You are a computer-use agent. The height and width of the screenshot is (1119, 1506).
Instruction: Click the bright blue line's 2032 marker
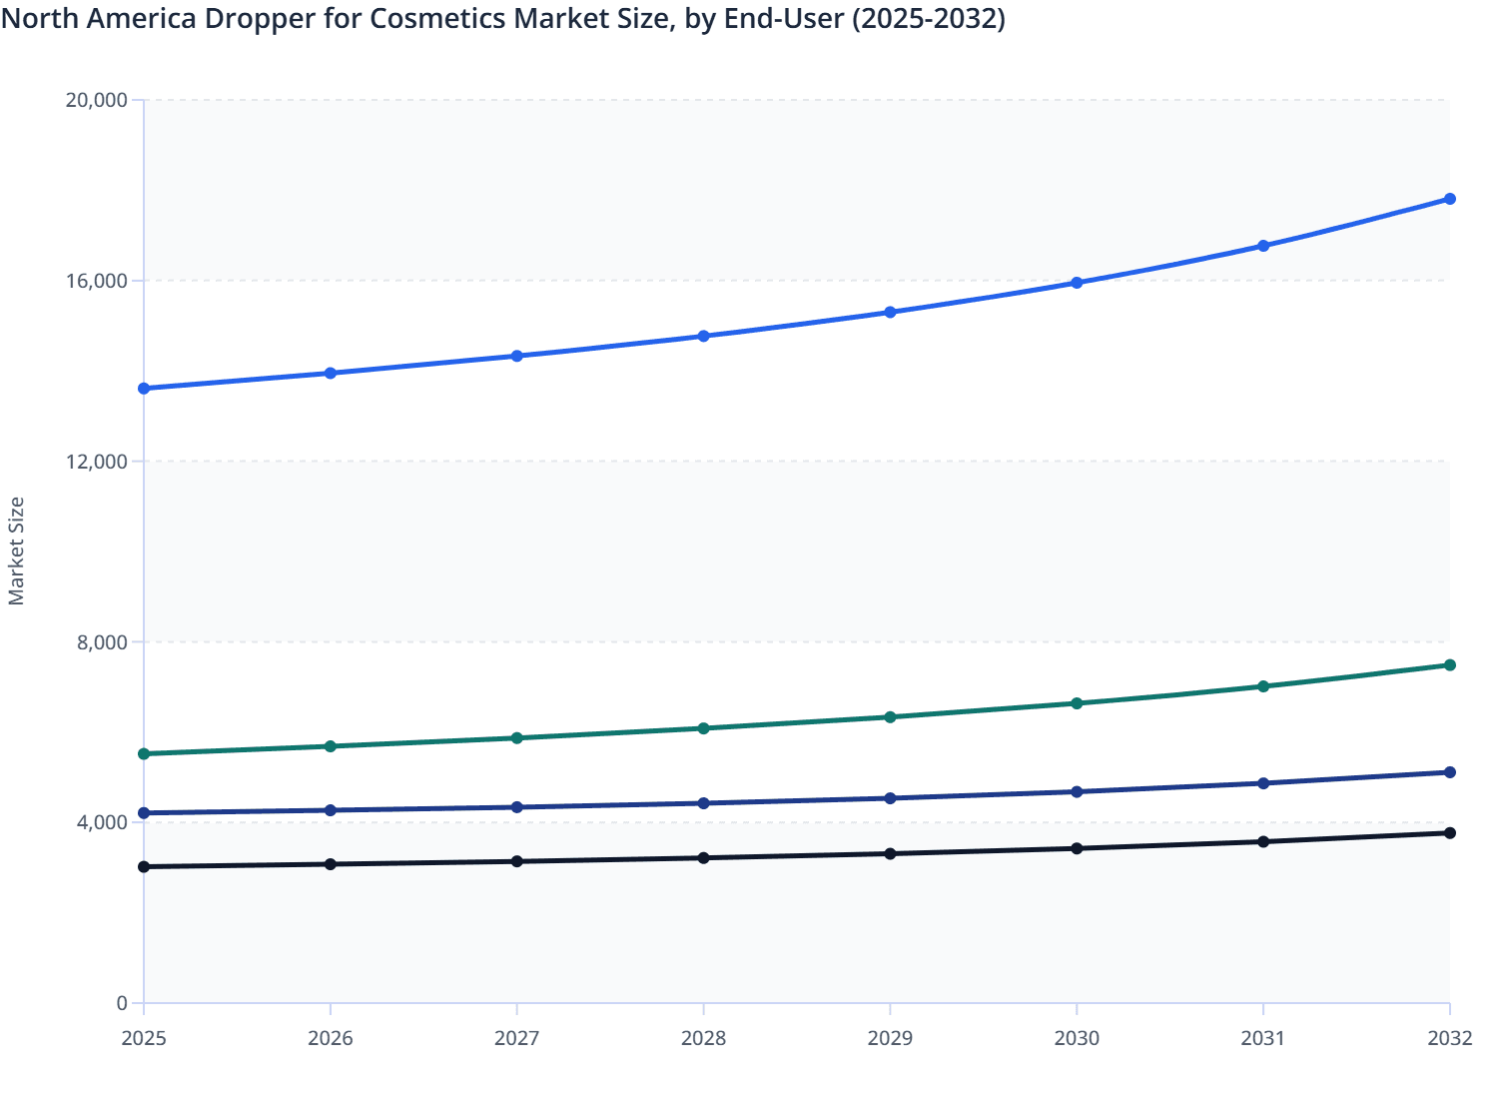[1449, 199]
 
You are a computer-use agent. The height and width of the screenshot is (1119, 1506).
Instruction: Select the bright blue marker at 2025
[144, 389]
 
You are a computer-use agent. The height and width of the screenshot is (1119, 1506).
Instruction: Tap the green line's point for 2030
[1077, 703]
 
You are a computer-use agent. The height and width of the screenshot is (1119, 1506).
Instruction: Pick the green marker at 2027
[517, 738]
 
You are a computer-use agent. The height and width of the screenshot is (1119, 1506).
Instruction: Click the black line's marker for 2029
[890, 853]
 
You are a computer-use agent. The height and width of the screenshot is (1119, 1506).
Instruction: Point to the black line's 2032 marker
[1449, 833]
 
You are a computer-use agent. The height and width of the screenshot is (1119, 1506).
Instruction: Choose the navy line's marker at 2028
[703, 803]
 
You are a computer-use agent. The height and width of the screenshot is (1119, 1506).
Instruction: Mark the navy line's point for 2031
[1263, 783]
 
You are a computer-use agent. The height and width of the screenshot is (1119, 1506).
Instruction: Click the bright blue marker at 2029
[890, 313]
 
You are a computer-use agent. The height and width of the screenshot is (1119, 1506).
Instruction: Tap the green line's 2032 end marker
[1449, 665]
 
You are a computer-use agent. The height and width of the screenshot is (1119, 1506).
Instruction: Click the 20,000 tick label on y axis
[96, 100]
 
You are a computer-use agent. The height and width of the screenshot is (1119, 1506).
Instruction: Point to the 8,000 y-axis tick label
[102, 641]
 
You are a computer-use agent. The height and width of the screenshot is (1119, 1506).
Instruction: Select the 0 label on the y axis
[122, 1003]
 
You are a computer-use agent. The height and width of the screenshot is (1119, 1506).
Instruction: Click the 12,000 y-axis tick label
[96, 461]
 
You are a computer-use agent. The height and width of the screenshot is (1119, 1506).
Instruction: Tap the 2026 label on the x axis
[331, 1038]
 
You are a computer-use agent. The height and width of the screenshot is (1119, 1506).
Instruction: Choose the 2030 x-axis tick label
[1077, 1038]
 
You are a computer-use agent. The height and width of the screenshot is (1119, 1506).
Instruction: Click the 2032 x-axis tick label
[1449, 1038]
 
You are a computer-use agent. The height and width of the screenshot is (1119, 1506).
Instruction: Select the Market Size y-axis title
[16, 552]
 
